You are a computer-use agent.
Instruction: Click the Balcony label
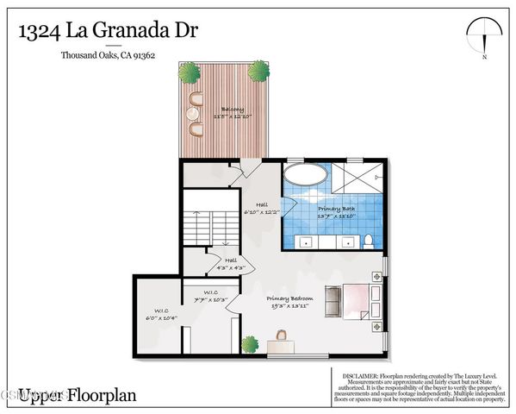coord(232,110)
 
